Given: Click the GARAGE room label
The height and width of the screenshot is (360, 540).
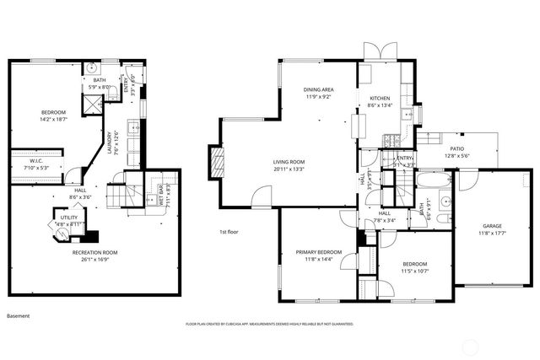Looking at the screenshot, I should pyautogui.click(x=492, y=225).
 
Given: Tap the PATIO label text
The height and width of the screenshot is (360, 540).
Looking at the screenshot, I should pyautogui.click(x=456, y=148).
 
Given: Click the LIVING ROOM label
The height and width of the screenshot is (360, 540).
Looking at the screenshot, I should pyautogui.click(x=289, y=162).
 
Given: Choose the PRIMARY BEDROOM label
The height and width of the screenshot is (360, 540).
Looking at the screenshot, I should pyautogui.click(x=318, y=252).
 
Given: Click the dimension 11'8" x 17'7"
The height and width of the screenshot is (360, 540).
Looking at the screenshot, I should pyautogui.click(x=492, y=232).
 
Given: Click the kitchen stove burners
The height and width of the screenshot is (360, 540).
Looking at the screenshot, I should pyautogui.click(x=390, y=138).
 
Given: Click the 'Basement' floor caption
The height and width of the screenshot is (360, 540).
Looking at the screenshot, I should pyautogui.click(x=18, y=316).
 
